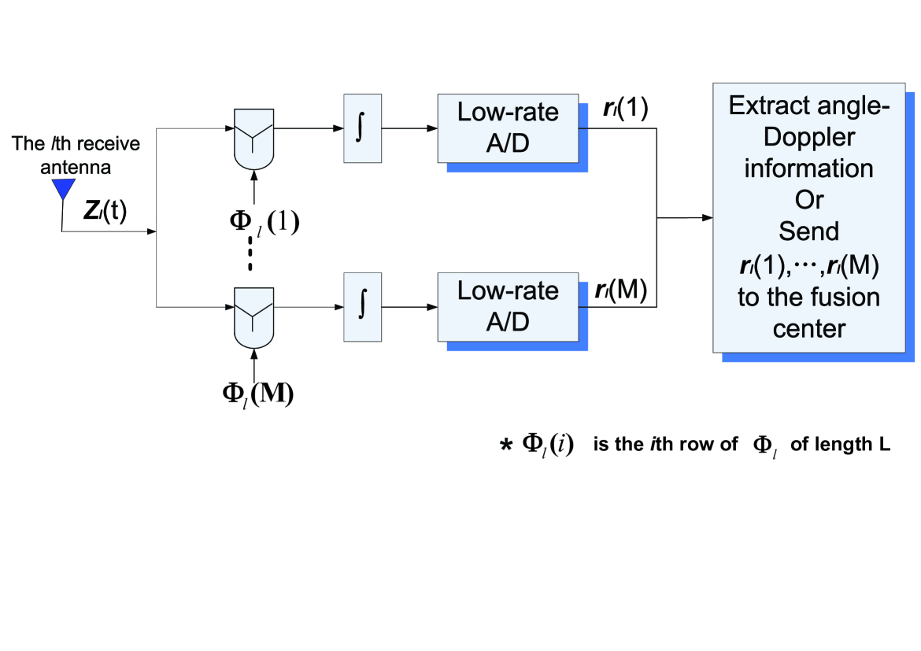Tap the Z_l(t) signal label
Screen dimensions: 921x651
click(x=105, y=210)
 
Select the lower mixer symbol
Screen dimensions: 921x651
click(x=253, y=318)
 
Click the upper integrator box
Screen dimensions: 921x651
click(x=362, y=128)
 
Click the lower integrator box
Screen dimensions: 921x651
click(x=362, y=307)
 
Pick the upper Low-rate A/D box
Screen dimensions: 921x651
click(x=508, y=128)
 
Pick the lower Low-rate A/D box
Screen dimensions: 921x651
click(x=508, y=307)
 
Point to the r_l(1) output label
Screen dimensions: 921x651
click(x=626, y=108)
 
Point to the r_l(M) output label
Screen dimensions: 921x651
click(x=621, y=290)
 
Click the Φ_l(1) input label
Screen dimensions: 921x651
click(x=264, y=221)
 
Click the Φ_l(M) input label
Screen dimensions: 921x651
click(x=258, y=394)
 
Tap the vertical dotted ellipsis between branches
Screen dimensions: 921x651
click(x=250, y=253)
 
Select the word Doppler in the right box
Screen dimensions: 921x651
click(x=808, y=138)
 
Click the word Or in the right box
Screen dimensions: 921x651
click(x=809, y=200)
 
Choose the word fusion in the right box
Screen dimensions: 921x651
click(x=844, y=297)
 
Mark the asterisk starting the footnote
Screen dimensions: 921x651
click(x=505, y=446)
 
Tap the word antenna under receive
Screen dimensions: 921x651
click(x=76, y=168)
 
